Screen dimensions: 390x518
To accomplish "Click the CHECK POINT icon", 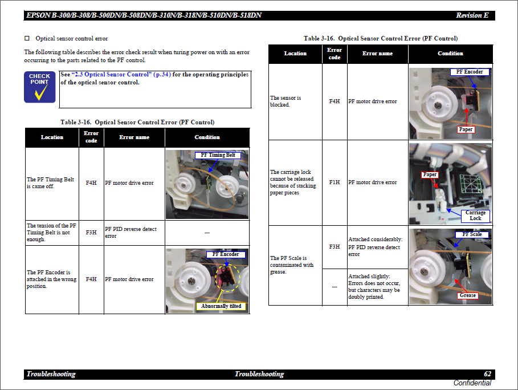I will (39, 87).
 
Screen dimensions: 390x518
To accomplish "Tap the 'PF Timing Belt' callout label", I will (217, 155).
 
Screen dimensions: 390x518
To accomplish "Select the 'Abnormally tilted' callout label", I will (221, 306).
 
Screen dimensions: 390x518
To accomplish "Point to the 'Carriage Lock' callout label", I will (475, 216).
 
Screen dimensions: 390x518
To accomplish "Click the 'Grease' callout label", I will (467, 295).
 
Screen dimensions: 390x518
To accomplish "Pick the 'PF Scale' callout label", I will (472, 234).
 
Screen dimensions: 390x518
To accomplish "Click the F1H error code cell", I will (335, 182).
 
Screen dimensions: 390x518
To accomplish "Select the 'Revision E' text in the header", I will (472, 15).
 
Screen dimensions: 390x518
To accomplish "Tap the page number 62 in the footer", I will (487, 374).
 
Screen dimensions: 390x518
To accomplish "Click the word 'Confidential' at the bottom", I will (472, 383).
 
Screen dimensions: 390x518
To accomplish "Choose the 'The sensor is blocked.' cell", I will (285, 101).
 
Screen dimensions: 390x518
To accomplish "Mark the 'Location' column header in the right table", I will (295, 54).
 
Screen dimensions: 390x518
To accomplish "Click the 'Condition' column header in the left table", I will (207, 137).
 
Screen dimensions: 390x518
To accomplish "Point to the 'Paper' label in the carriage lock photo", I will (430, 174).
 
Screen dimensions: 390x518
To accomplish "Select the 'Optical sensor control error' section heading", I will (71, 39).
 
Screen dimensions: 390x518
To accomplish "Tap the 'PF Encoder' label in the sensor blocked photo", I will (470, 72).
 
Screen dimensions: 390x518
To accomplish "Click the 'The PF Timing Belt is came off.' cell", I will (51, 183).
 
